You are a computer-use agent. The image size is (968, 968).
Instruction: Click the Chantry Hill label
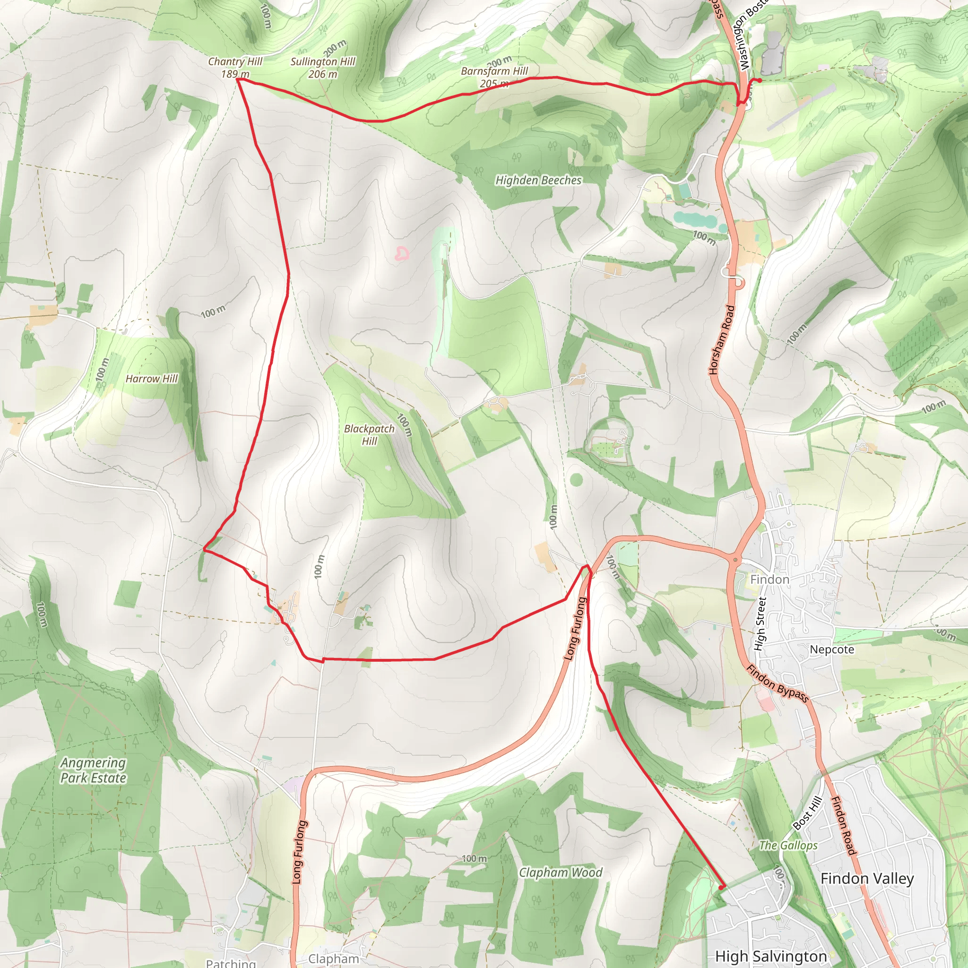pyautogui.click(x=235, y=67)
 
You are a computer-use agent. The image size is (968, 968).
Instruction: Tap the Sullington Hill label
pyautogui.click(x=323, y=68)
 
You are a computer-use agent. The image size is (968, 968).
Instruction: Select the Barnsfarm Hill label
pyautogui.click(x=494, y=77)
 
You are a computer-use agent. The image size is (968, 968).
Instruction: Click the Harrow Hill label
pyautogui.click(x=151, y=379)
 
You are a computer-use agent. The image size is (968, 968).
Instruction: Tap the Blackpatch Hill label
pyautogui.click(x=369, y=434)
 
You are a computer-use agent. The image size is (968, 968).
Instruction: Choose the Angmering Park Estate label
pyautogui.click(x=93, y=770)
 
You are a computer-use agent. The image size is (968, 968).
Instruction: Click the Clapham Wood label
pyautogui.click(x=560, y=873)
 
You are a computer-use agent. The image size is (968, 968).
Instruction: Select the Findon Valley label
pyautogui.click(x=867, y=878)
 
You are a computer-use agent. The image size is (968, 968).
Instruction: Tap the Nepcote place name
pyautogui.click(x=832, y=649)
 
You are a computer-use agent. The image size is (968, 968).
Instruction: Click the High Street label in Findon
pyautogui.click(x=761, y=624)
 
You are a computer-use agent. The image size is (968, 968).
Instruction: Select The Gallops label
pyautogui.click(x=787, y=846)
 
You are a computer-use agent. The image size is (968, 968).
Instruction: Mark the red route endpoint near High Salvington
pyautogui.click(x=721, y=887)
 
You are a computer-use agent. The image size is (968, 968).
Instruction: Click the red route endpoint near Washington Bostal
pyautogui.click(x=760, y=80)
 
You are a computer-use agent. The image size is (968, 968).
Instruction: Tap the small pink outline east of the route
pyautogui.click(x=401, y=254)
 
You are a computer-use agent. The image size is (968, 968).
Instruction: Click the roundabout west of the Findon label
pyautogui.click(x=735, y=559)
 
